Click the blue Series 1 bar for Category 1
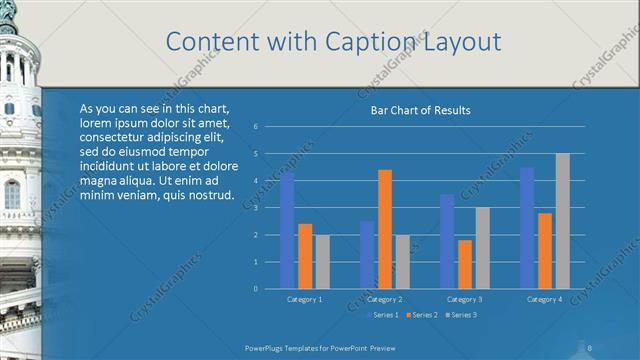287,231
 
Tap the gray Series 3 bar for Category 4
563,221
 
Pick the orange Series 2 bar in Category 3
465,264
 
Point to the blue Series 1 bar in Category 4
527,228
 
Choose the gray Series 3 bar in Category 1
323,262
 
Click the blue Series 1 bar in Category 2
367,255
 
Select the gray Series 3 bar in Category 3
483,248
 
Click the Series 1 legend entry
383,315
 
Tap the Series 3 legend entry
461,315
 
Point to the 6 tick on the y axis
256,127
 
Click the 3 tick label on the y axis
256,208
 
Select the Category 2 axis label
385,299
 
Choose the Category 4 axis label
545,299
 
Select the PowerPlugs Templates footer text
300,348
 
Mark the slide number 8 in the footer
590,348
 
